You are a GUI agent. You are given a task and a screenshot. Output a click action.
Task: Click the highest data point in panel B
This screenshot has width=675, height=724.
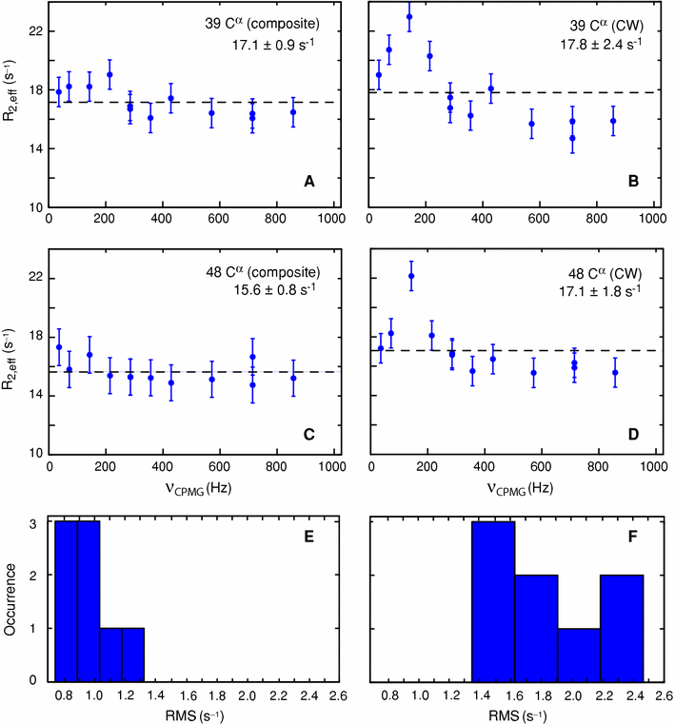click(409, 17)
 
